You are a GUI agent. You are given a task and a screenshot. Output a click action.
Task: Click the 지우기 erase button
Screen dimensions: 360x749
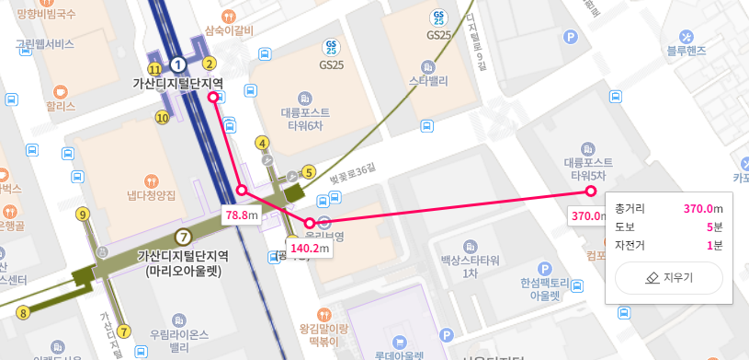click(668, 277)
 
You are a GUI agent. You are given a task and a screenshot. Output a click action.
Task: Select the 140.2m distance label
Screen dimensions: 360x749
click(309, 247)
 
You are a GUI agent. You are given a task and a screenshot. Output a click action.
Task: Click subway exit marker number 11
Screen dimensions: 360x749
click(154, 69)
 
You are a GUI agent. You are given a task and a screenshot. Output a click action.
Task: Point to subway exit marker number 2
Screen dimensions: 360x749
click(210, 64)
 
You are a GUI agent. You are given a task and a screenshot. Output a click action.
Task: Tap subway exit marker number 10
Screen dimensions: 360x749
click(162, 117)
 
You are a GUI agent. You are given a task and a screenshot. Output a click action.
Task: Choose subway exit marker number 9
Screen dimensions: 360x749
click(83, 215)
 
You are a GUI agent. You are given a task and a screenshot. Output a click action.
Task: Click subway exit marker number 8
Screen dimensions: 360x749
click(23, 313)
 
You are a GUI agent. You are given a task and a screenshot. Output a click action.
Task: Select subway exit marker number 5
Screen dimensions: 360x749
click(309, 171)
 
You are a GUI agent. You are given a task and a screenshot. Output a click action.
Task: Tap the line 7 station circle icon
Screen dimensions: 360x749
click(183, 236)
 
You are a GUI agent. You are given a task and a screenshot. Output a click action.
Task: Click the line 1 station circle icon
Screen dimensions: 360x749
click(178, 64)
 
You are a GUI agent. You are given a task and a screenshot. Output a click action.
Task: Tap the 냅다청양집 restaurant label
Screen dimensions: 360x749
click(152, 195)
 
